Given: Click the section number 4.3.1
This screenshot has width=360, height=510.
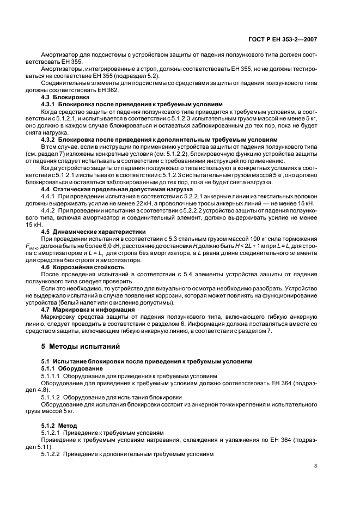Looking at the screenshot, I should (x=50, y=104).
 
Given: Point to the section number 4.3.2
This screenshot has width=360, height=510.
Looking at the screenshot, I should (x=50, y=139).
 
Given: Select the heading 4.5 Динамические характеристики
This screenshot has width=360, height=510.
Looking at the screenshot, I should (x=80, y=231).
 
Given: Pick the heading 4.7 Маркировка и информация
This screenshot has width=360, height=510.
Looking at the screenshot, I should (x=78, y=309).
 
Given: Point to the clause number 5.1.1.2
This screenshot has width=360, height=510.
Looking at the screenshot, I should (x=51, y=397).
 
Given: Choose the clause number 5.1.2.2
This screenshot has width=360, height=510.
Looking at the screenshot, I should (x=51, y=453).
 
